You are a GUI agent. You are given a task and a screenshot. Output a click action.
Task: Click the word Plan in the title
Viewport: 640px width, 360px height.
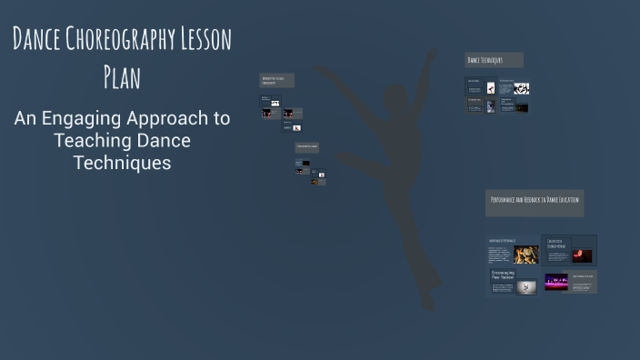pos(122,77)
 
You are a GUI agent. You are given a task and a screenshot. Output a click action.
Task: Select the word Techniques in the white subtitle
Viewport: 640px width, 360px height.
pos(122,163)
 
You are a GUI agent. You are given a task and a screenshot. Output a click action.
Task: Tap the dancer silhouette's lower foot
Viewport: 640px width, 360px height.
pos(428,301)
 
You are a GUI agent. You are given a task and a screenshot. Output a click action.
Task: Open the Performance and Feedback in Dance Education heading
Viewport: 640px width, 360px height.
pos(535,200)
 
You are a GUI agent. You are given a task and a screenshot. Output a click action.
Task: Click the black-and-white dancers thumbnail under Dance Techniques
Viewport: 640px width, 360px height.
pos(521,88)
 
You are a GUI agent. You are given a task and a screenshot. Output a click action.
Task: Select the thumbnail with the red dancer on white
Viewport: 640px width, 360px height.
pos(491,88)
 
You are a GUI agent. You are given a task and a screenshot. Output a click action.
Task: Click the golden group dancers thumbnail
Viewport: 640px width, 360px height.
pos(525,255)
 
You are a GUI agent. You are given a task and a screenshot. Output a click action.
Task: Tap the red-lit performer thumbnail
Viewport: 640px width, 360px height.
pos(582,255)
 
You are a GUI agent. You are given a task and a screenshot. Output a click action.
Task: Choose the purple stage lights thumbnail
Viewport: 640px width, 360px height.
pos(556,282)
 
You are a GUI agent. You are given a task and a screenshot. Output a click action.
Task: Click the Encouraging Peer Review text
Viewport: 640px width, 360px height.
pos(501,275)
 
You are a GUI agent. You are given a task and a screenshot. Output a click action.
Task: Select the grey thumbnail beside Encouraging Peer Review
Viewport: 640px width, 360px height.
pos(526,286)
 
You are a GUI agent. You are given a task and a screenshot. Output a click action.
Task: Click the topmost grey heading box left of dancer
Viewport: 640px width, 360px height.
pos(276,80)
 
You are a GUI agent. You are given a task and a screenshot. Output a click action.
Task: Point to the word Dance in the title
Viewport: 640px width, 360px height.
pos(36,41)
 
